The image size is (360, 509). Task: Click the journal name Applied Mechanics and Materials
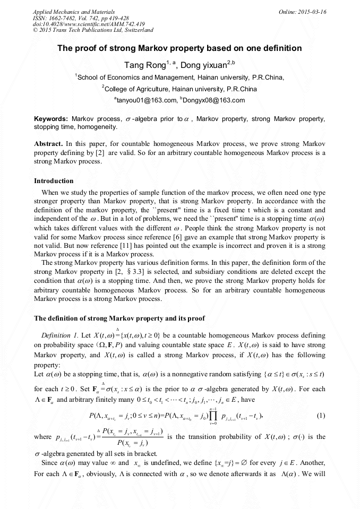click(66, 11)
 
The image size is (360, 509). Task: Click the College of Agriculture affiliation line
click(181, 89)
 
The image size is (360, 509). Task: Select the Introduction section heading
click(54, 181)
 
